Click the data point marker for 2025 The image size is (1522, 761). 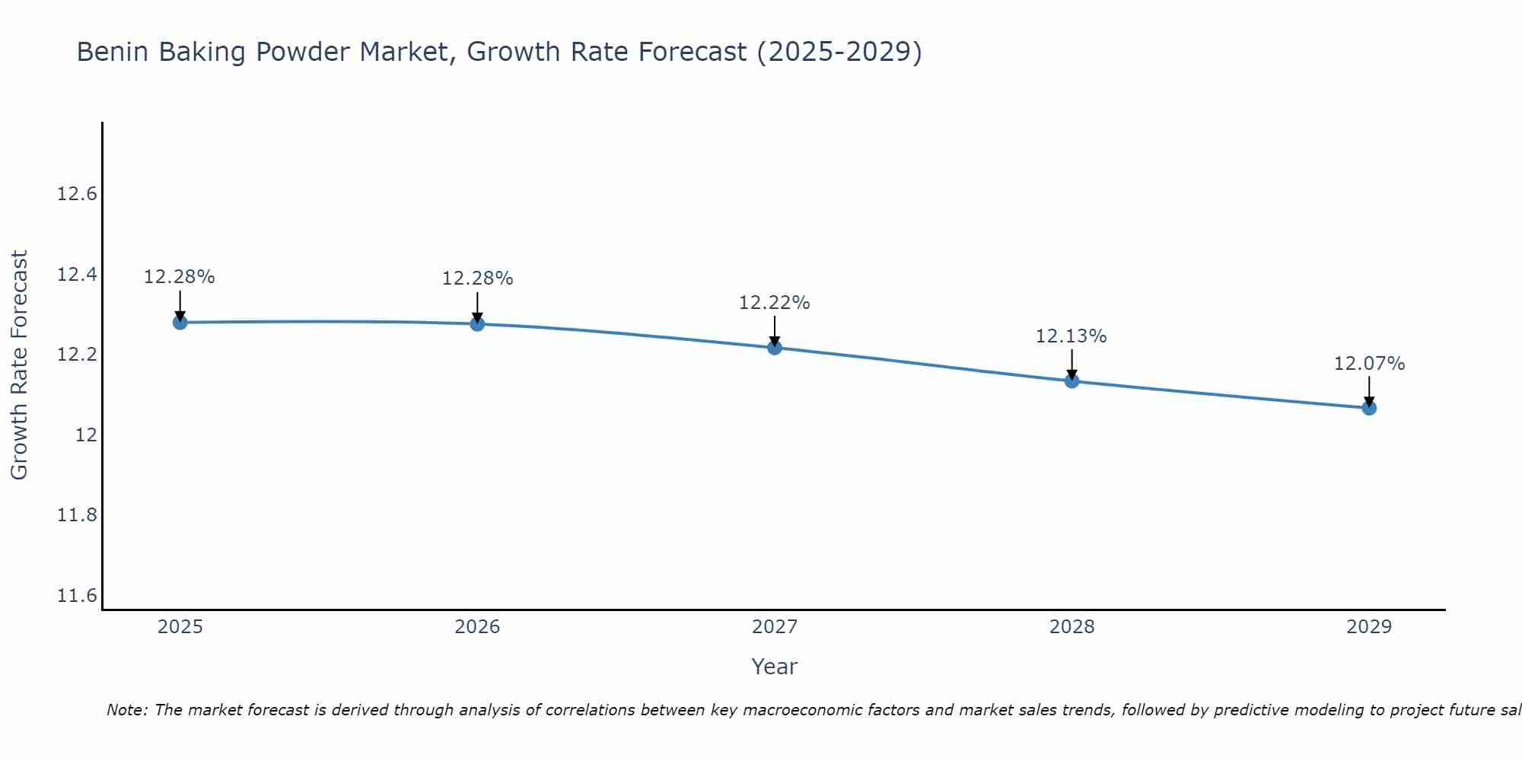pyautogui.click(x=180, y=323)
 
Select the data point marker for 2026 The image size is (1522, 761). pyautogui.click(x=477, y=324)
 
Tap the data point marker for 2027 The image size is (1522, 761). pyautogui.click(x=775, y=348)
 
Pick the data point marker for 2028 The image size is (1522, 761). pyautogui.click(x=1071, y=380)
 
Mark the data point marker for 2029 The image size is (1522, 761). pyautogui.click(x=1369, y=408)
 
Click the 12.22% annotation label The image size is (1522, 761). pyautogui.click(x=775, y=303)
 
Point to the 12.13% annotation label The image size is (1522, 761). pyautogui.click(x=1071, y=336)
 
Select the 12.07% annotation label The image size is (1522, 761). pyautogui.click(x=1369, y=364)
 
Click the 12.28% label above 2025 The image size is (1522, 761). pyautogui.click(x=180, y=277)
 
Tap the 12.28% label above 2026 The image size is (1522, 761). pyautogui.click(x=477, y=279)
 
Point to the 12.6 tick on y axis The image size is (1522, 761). pyautogui.click(x=78, y=194)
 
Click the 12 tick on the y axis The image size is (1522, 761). pyautogui.click(x=86, y=435)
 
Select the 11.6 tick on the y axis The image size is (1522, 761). pyautogui.click(x=78, y=596)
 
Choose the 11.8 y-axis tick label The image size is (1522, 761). pyautogui.click(x=78, y=515)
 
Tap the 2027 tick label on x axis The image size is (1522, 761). pyautogui.click(x=775, y=627)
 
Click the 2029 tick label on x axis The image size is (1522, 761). pyautogui.click(x=1369, y=627)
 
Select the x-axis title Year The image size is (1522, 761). pyautogui.click(x=774, y=667)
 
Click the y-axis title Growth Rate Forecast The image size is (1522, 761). pyautogui.click(x=19, y=365)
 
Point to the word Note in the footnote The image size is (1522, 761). pyautogui.click(x=126, y=710)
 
